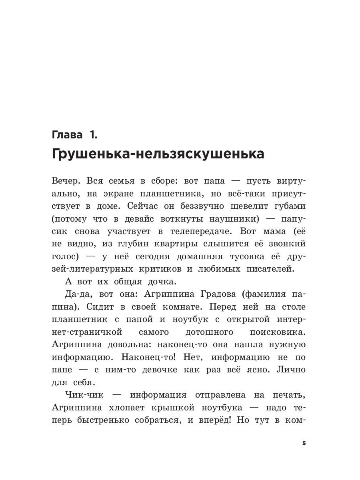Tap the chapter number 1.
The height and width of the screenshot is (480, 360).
point(93,135)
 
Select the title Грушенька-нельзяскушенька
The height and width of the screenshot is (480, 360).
point(158,154)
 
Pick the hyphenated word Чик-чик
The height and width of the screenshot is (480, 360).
point(84,396)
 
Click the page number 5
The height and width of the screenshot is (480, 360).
point(304,444)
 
